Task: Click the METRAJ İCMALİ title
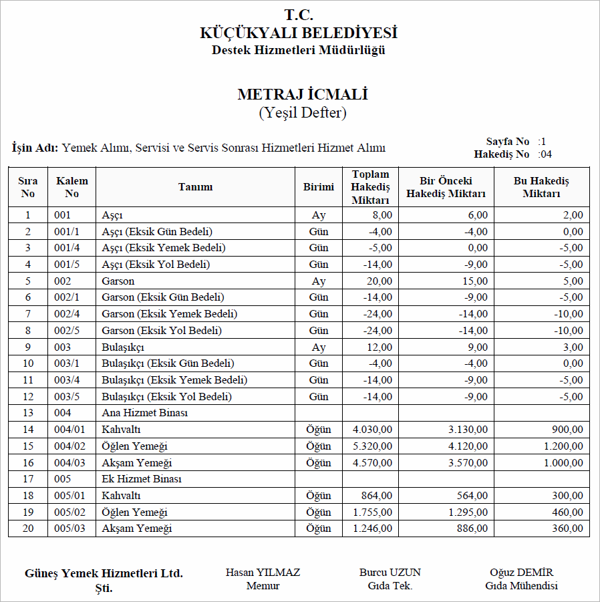(302, 95)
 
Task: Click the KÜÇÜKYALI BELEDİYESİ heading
(299, 33)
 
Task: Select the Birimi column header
(318, 187)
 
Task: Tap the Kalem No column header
(71, 187)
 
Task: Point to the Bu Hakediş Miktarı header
(541, 187)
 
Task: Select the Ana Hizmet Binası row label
(144, 413)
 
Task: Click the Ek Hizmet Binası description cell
(142, 479)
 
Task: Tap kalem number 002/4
(67, 314)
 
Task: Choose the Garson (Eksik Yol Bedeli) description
(161, 331)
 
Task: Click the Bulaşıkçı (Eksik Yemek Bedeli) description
(174, 380)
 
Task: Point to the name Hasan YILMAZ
(263, 573)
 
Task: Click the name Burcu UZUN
(390, 573)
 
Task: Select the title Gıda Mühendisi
(521, 586)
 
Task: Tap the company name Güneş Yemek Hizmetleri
(104, 573)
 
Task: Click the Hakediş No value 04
(545, 154)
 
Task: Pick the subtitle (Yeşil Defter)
(302, 113)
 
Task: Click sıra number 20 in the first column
(28, 529)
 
